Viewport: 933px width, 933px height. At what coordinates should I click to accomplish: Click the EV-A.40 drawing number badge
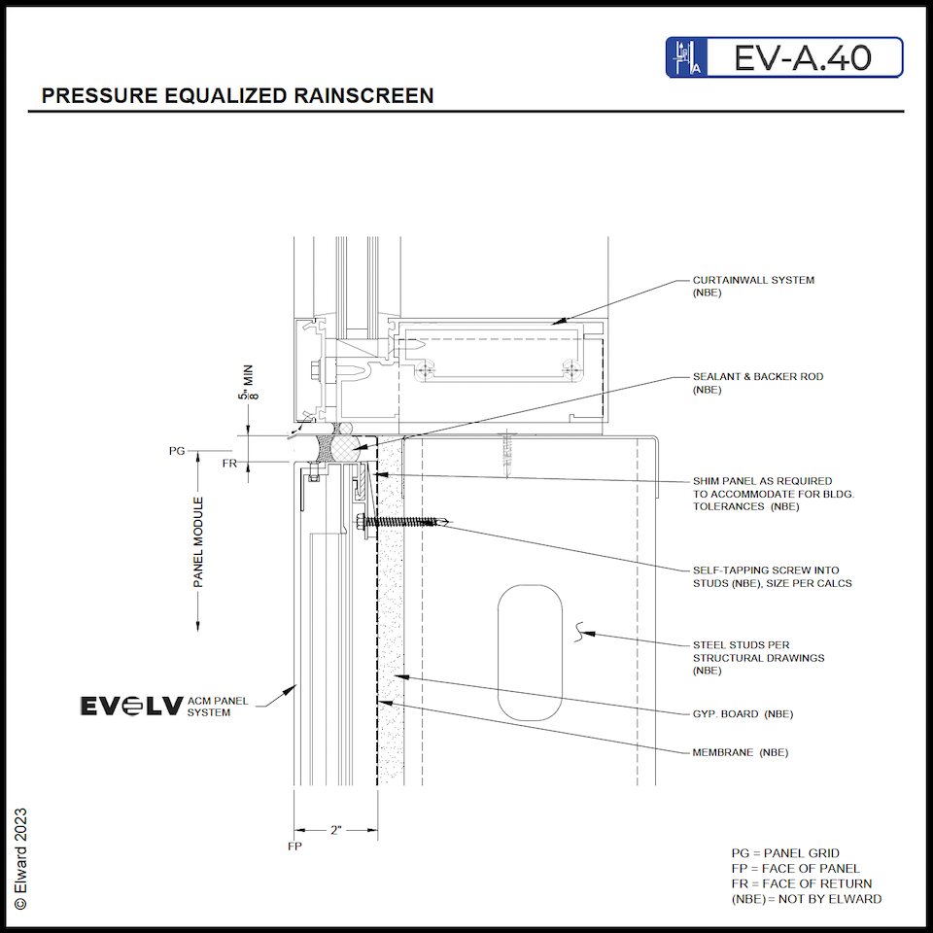click(x=784, y=57)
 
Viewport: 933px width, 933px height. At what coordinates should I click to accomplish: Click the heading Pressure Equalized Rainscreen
click(x=237, y=95)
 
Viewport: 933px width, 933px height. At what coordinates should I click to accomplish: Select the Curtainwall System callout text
click(x=753, y=286)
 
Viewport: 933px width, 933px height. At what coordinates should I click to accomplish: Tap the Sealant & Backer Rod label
click(x=757, y=382)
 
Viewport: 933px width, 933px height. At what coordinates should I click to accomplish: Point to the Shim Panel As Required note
click(x=761, y=494)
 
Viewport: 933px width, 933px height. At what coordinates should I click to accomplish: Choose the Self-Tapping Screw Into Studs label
click(x=765, y=576)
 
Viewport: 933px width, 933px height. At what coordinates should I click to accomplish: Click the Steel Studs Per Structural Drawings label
click(x=758, y=657)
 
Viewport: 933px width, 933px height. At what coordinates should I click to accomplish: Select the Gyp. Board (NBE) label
click(x=743, y=714)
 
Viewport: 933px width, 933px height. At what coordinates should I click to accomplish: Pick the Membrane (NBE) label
click(x=740, y=752)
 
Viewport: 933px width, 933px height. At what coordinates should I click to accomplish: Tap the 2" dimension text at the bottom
click(x=336, y=830)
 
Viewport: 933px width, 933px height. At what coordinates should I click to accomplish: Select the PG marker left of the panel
click(x=177, y=451)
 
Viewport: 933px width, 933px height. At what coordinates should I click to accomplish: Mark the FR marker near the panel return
click(x=229, y=464)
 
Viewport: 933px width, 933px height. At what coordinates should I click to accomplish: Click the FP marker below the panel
click(x=294, y=847)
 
